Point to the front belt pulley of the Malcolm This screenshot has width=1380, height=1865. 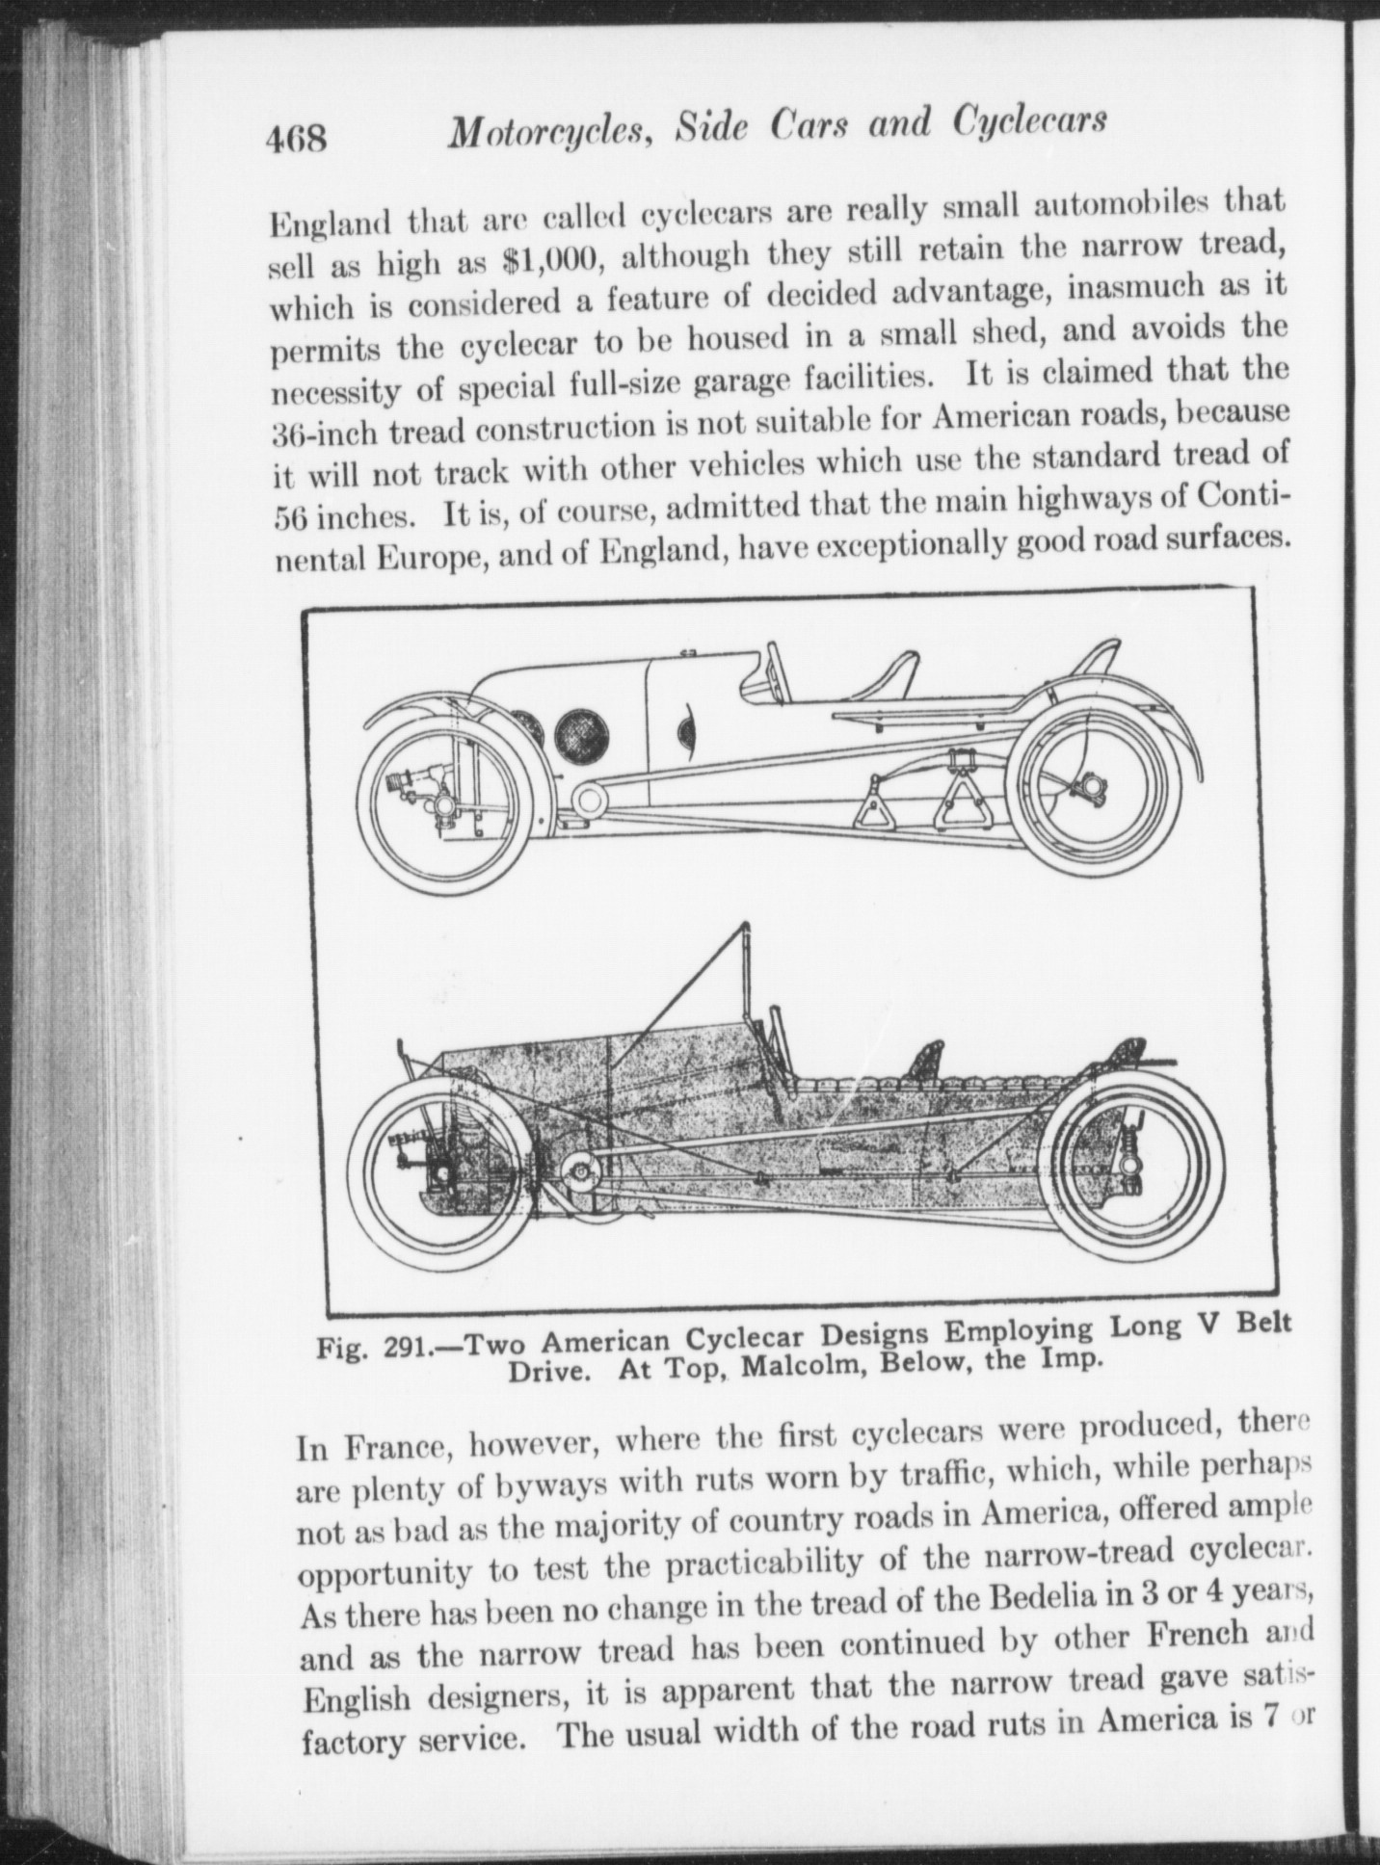point(588,798)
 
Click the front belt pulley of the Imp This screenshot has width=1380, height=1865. point(580,1170)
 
